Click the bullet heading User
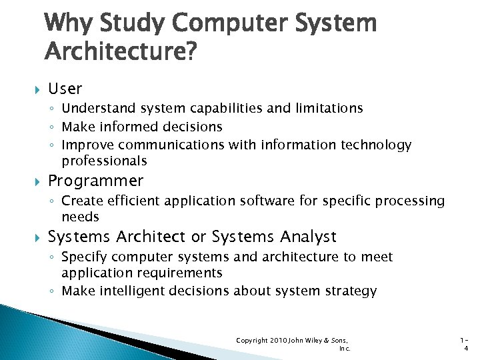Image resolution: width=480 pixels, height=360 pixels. pyautogui.click(x=65, y=88)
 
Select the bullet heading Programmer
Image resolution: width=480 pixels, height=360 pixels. pyautogui.click(x=95, y=181)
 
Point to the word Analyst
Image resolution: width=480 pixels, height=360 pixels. pyautogui.click(x=308, y=237)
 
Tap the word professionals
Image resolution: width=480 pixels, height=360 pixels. pyautogui.click(x=104, y=161)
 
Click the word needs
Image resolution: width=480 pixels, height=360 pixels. pyautogui.click(x=80, y=217)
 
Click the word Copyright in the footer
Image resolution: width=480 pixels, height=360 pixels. pyautogui.click(x=251, y=341)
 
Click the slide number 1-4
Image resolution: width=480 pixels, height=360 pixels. pyautogui.click(x=465, y=344)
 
